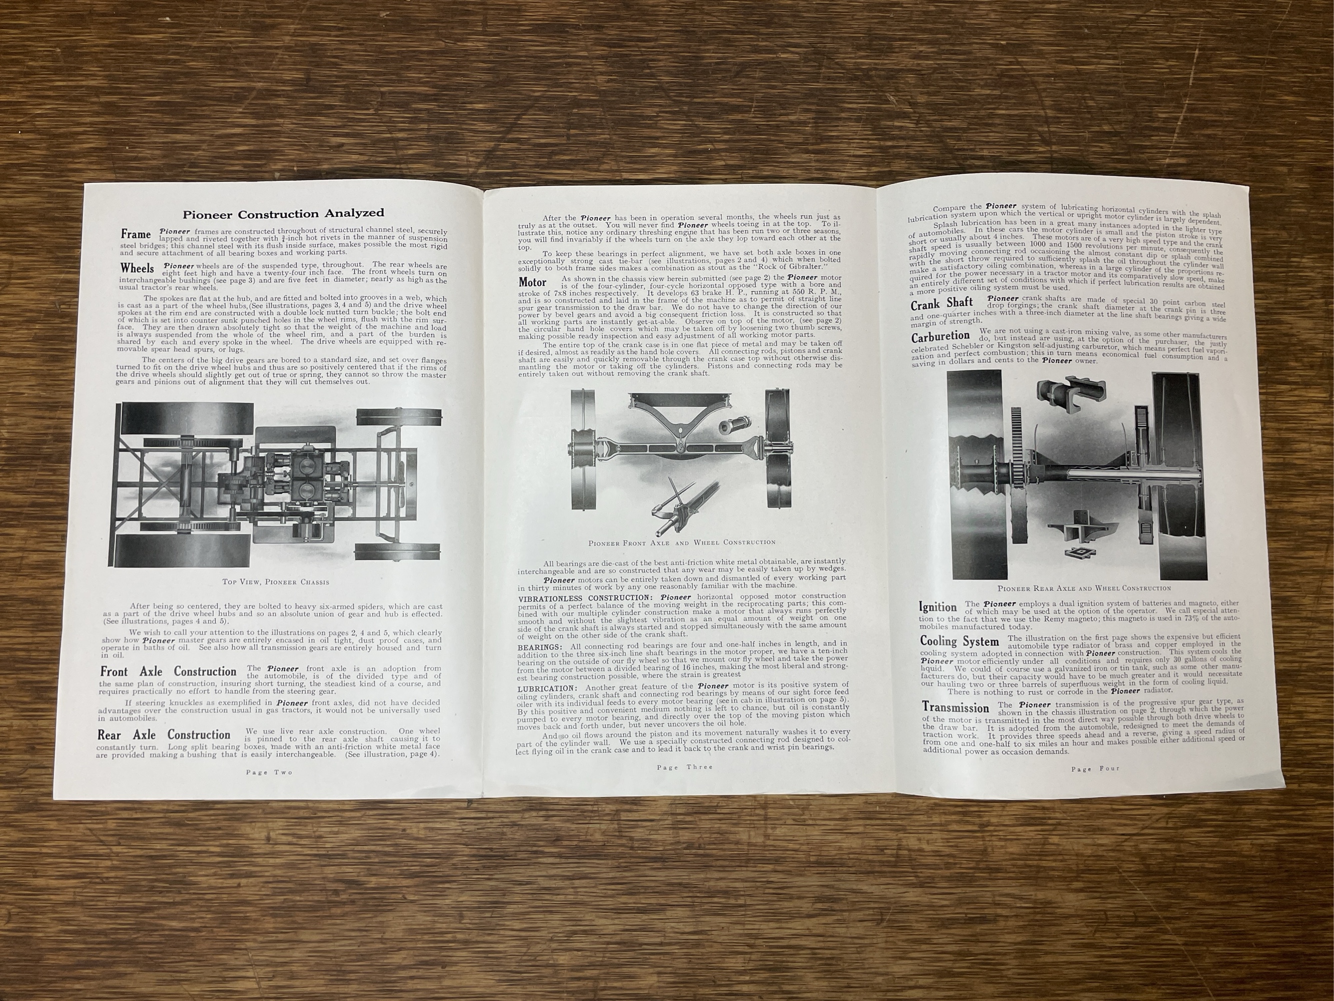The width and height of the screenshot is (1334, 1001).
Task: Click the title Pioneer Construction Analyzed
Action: (x=284, y=213)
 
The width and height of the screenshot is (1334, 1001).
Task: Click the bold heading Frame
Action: (x=136, y=234)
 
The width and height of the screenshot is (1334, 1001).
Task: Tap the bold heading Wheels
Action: (x=137, y=268)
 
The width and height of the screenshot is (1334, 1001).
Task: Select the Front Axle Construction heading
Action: (x=168, y=671)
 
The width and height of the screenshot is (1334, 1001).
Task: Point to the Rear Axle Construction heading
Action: (x=164, y=735)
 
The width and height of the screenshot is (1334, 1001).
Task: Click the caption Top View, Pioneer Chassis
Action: (x=276, y=582)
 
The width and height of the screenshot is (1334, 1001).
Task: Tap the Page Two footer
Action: (x=269, y=772)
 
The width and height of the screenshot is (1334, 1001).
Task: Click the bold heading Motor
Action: (x=533, y=282)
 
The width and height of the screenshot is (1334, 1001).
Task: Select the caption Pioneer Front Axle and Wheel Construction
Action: (x=681, y=542)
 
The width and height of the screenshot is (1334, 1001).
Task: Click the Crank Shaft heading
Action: (x=942, y=303)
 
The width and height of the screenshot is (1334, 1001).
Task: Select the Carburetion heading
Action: (x=940, y=336)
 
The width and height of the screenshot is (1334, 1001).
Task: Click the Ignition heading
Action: (x=938, y=607)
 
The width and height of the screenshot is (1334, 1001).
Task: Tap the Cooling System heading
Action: (x=959, y=641)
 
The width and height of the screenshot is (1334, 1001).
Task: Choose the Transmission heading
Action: (x=955, y=707)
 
